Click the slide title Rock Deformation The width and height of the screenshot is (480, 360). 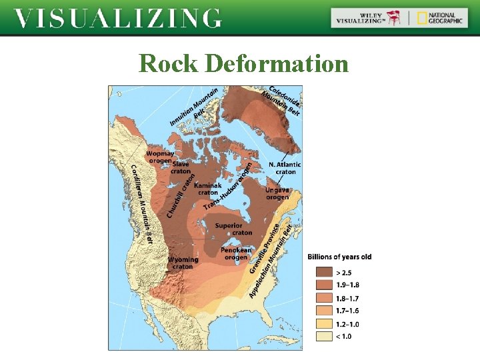[243, 63]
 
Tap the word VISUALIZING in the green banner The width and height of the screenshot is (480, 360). [118, 18]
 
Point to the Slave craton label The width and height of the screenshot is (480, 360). [181, 167]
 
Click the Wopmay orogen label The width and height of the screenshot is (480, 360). [159, 157]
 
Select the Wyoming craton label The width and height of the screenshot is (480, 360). [183, 263]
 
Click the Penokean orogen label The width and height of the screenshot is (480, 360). [237, 253]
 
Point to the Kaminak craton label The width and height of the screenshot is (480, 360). [208, 189]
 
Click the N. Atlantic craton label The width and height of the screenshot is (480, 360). [285, 168]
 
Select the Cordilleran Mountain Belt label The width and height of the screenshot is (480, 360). [141, 203]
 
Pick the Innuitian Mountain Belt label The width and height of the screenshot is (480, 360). [195, 107]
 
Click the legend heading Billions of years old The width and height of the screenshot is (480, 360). [339, 257]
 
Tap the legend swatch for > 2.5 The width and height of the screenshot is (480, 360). [323, 272]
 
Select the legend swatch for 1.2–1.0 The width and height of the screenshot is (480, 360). [323, 323]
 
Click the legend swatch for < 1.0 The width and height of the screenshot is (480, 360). [323, 336]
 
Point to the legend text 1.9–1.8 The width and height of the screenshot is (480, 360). [346, 285]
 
